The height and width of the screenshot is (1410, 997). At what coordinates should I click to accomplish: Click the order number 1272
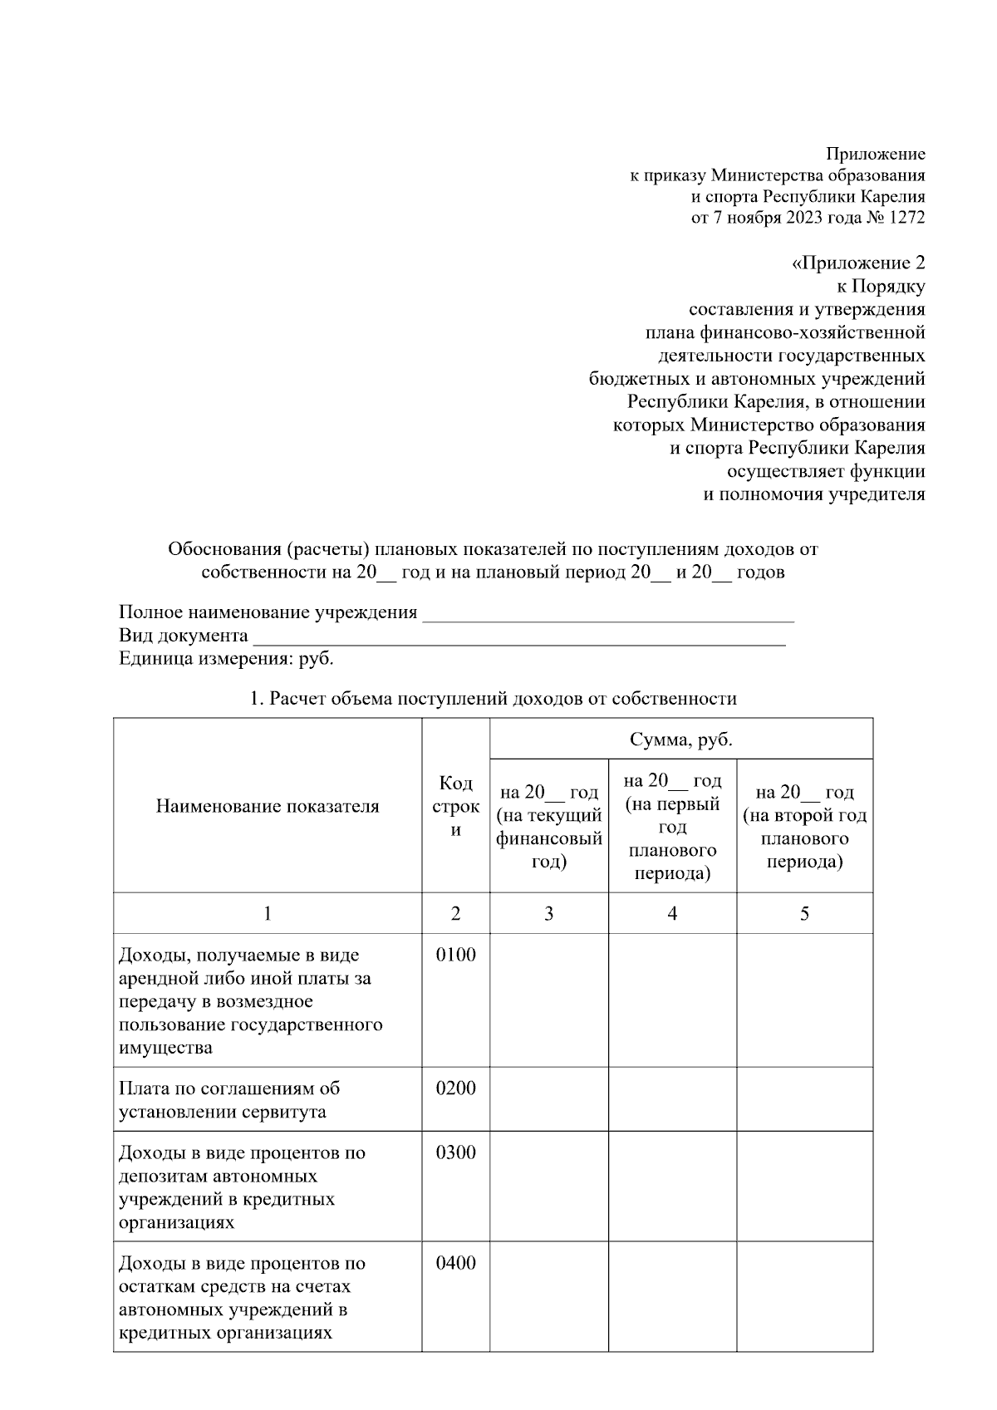coord(905,218)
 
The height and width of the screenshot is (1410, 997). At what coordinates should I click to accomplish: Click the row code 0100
coord(455,955)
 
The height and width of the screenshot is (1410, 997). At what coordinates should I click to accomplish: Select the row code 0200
coord(455,1088)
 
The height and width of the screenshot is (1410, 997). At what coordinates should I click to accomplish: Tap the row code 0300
coord(455,1153)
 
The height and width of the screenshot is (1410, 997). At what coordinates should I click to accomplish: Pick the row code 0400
coord(455,1264)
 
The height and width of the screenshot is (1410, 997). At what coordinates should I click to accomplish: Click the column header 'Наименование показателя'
coord(268,806)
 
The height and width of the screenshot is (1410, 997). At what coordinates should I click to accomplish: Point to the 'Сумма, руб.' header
coord(680,739)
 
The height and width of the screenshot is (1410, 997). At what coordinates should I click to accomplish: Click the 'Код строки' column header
coord(455,806)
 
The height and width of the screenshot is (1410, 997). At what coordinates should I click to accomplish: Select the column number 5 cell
coord(804,914)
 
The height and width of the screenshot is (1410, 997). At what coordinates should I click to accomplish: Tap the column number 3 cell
coord(548,914)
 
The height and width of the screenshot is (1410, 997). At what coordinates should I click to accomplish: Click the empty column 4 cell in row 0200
coord(672,1099)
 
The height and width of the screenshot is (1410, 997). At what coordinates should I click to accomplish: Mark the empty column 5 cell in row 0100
coord(804,1000)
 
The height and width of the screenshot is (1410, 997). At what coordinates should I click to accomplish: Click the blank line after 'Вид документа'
coord(519,637)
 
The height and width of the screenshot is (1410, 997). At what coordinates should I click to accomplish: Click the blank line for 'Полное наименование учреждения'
coord(608,614)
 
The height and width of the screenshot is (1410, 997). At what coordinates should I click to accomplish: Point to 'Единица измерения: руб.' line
coord(226,659)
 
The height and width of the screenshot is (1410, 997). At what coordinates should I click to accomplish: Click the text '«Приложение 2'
coord(857,263)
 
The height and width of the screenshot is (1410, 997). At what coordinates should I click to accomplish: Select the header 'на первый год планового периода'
coord(672,827)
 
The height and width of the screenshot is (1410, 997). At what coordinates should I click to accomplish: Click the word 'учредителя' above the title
coord(872,494)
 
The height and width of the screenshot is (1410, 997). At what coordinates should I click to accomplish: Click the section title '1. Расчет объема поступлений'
coord(493,699)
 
